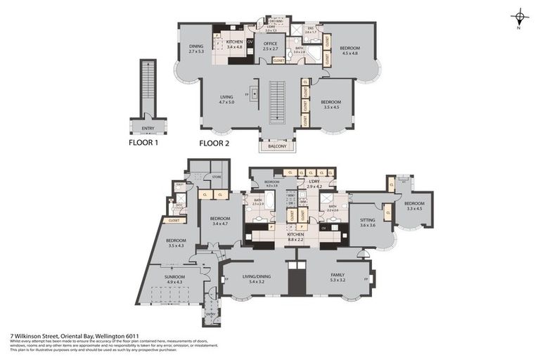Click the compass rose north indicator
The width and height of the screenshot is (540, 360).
click(x=520, y=17)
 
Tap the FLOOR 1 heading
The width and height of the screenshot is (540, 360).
click(x=145, y=142)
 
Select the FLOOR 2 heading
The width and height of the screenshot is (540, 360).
click(x=214, y=142)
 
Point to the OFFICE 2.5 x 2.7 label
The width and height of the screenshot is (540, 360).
click(x=271, y=46)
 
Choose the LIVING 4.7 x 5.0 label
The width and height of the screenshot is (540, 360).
click(x=226, y=101)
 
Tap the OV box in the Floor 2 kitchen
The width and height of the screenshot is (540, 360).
click(x=250, y=41)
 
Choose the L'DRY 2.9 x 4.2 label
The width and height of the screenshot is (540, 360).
click(x=314, y=184)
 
